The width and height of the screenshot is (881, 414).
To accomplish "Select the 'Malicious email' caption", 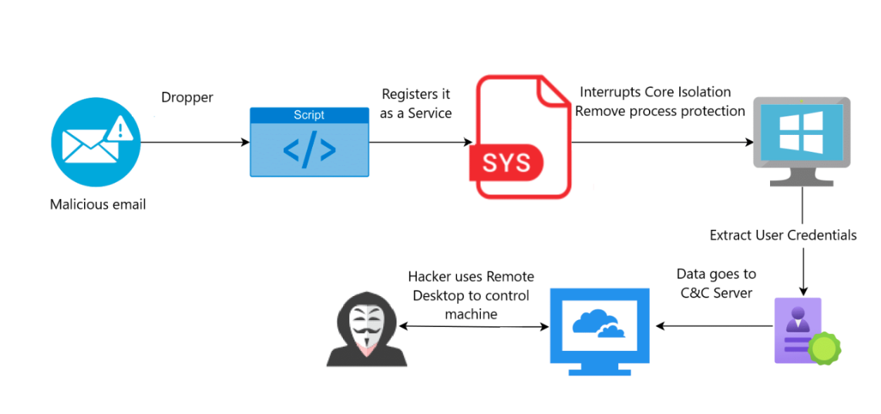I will (x=98, y=205).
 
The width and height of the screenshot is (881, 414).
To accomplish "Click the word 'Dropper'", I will (x=187, y=98).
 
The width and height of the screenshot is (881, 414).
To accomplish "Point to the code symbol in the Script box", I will (x=309, y=150).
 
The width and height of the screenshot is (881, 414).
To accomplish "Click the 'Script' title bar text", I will (x=309, y=115).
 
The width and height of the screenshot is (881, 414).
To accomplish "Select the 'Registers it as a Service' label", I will (x=416, y=103).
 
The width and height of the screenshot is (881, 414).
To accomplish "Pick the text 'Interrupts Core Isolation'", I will (x=655, y=93).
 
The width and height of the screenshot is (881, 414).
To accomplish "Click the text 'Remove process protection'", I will (x=660, y=111).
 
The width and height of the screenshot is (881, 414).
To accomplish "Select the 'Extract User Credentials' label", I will (x=783, y=235).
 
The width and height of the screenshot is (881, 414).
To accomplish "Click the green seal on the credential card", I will (x=823, y=348).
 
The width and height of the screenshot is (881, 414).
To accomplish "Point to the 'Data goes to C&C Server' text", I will (x=716, y=282).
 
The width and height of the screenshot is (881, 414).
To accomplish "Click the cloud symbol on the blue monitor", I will (x=598, y=325).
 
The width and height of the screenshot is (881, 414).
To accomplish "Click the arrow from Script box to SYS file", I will (x=420, y=143).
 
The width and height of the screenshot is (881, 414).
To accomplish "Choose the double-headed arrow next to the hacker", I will (x=474, y=327).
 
